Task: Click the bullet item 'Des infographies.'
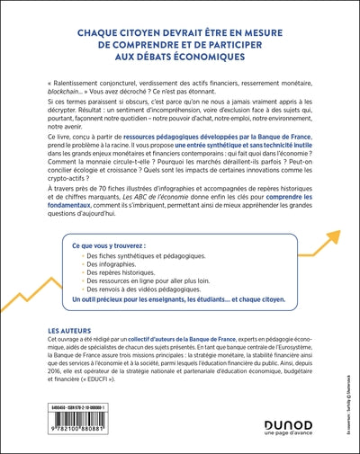tap(109, 268)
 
